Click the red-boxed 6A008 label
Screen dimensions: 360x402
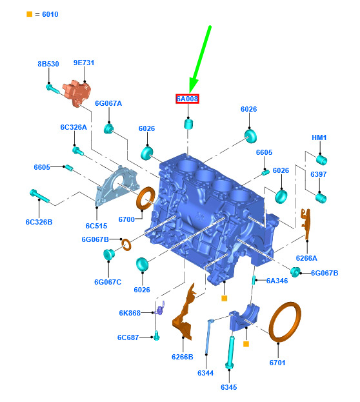click(x=187, y=99)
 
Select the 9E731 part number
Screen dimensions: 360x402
click(x=84, y=63)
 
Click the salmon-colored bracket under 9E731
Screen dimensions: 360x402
click(x=77, y=93)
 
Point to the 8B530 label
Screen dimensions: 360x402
click(x=48, y=64)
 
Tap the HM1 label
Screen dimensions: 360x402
click(x=319, y=137)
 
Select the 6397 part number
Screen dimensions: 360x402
click(x=319, y=174)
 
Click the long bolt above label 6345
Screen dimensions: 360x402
click(x=230, y=353)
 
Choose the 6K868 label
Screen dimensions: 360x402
click(x=130, y=313)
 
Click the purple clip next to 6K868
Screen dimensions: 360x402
click(x=161, y=308)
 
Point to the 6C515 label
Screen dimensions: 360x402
click(x=96, y=226)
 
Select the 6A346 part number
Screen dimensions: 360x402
click(x=277, y=281)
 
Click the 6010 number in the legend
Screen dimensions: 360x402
click(x=50, y=14)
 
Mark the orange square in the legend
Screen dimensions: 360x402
click(x=30, y=14)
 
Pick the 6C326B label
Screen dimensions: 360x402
click(x=39, y=222)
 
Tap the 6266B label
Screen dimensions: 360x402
click(x=183, y=357)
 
